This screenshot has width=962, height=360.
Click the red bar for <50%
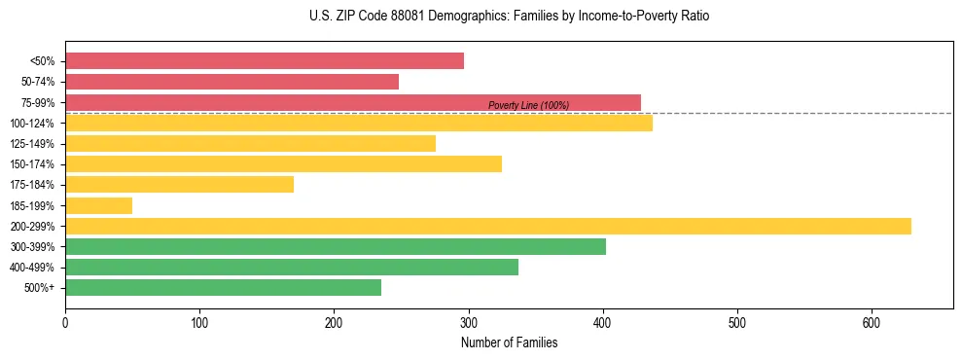click(x=265, y=61)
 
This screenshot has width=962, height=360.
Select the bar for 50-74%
click(x=232, y=82)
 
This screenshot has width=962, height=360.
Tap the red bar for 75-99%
click(x=353, y=102)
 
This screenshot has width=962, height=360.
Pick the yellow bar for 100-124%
click(x=359, y=123)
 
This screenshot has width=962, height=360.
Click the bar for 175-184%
click(x=179, y=184)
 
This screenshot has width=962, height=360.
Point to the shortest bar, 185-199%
click(x=98, y=205)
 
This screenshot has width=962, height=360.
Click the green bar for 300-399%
click(x=336, y=246)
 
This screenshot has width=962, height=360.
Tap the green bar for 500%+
click(x=223, y=287)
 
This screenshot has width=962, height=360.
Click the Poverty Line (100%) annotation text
click(x=528, y=105)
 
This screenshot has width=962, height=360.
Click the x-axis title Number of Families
click(x=509, y=342)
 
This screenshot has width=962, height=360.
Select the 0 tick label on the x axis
click(x=65, y=322)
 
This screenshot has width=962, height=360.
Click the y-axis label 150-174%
click(x=32, y=164)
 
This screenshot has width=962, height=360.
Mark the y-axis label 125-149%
click(x=32, y=144)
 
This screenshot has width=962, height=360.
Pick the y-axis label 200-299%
click(x=32, y=227)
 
